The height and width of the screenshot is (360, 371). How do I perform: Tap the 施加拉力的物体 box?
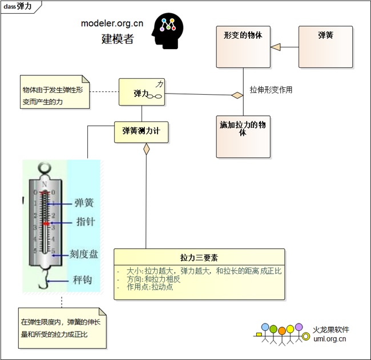pyautogui.click(x=243, y=136)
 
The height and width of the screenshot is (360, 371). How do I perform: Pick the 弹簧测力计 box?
pyautogui.click(x=142, y=131)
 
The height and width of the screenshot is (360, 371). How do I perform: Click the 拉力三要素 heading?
pyautogui.click(x=199, y=257)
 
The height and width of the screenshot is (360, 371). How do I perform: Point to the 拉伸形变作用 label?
pyautogui.click(x=271, y=90)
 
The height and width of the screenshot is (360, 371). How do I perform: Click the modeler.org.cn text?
pyautogui.click(x=112, y=23)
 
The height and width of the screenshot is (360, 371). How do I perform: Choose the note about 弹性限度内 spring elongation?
pyautogui.click(x=62, y=327)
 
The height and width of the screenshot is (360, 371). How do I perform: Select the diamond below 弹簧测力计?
pyautogui.click(x=146, y=149)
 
